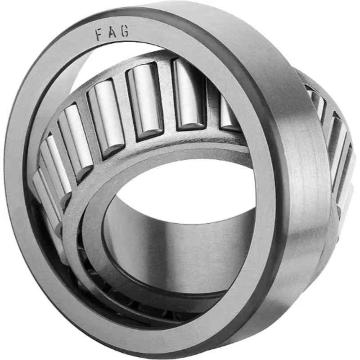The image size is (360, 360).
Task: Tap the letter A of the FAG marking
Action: click(112, 32)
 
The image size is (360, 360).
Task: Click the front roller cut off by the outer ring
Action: click(227, 115)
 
